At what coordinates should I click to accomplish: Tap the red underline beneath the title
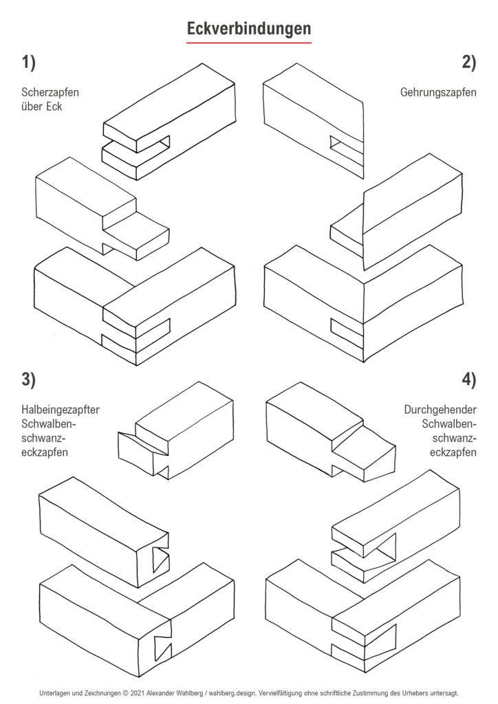click(x=249, y=43)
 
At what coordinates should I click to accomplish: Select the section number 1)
click(x=28, y=63)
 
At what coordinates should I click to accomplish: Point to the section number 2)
click(x=469, y=63)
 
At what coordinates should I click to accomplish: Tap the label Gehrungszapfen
click(x=438, y=92)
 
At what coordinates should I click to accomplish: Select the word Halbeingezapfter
click(x=61, y=410)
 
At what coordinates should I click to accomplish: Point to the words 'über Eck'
click(x=42, y=107)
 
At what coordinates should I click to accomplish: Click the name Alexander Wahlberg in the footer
click(x=178, y=693)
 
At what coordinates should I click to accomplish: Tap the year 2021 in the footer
click(x=138, y=693)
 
